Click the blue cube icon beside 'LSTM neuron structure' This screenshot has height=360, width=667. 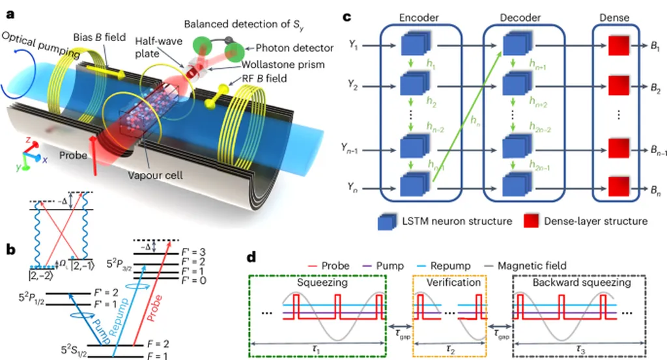coord(386,221)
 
